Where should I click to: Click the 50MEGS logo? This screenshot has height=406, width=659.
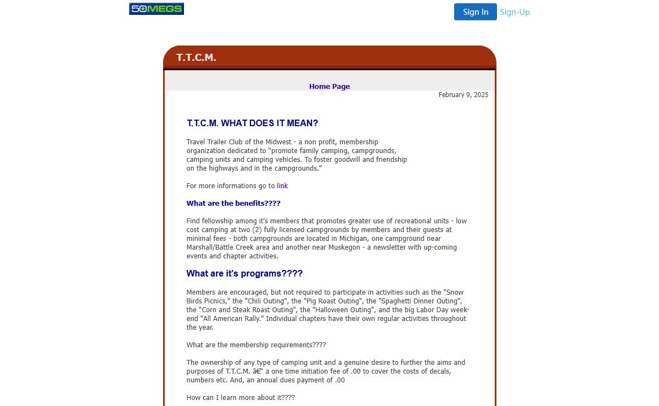(x=157, y=9)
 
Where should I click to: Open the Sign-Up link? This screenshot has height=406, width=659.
(x=515, y=12)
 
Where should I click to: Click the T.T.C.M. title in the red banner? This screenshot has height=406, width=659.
(x=196, y=58)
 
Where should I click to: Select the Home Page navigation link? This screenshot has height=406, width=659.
(x=329, y=86)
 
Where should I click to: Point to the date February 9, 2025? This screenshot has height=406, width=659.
(x=463, y=95)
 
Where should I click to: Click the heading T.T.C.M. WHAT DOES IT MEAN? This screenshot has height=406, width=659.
(x=253, y=123)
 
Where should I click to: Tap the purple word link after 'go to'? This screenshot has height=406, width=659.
(x=282, y=186)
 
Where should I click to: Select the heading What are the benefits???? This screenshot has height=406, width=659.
(x=233, y=204)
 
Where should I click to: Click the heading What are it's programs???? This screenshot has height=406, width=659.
(x=244, y=274)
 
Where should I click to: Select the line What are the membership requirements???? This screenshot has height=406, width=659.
(x=256, y=345)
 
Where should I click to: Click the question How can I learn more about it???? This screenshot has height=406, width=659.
(x=241, y=398)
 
